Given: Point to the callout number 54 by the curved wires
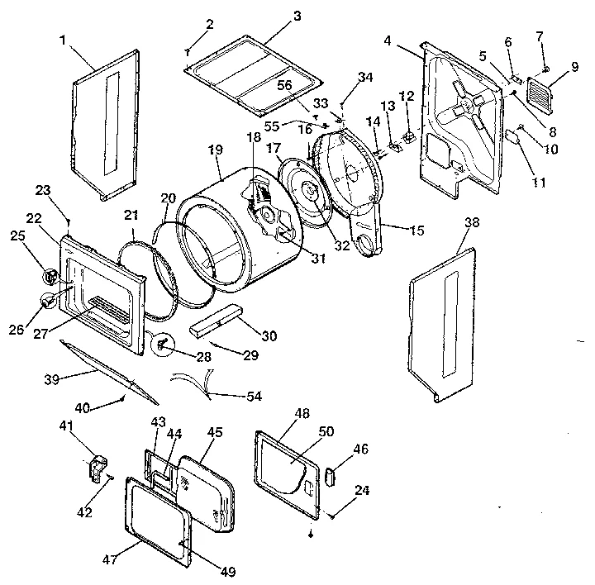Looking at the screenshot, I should pos(254,397).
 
